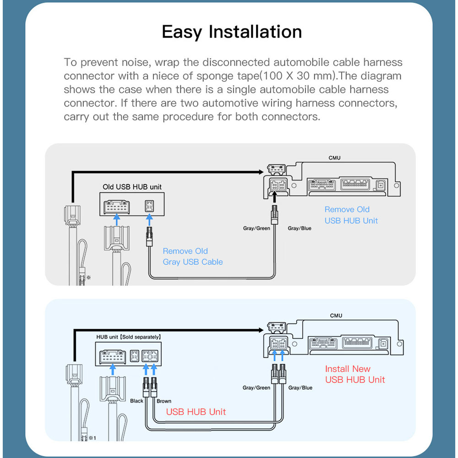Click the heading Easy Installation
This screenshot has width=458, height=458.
pos(232,32)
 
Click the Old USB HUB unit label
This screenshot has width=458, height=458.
pos(132,187)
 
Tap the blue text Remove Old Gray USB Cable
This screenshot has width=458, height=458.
pos(192,256)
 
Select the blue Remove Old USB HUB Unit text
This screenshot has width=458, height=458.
pos(351,215)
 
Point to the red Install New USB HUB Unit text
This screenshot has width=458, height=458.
pos(354,374)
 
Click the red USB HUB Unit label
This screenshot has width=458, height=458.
pos(196,412)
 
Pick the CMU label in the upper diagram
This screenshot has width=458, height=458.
pos(334,158)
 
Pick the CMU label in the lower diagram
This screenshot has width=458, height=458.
pos(336,316)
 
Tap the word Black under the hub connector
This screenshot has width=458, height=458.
pos(136,401)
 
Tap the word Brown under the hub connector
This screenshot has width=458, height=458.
pos(164,401)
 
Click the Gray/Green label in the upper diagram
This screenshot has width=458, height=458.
pos(256,228)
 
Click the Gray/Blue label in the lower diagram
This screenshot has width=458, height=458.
pos(300,388)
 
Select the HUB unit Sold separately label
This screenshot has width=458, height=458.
pos(128,337)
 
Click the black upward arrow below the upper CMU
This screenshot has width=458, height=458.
pos(274,197)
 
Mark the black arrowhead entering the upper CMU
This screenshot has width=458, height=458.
pos(261,172)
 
